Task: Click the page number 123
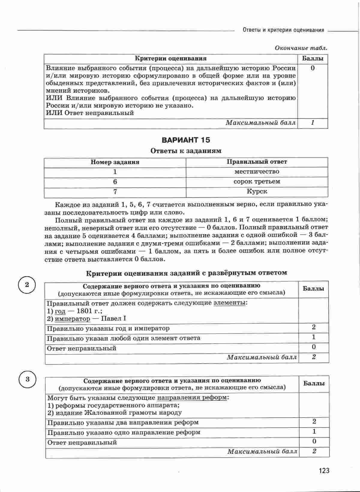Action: coord(324,470)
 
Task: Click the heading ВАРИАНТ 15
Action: coord(186,140)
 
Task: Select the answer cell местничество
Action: coord(256,172)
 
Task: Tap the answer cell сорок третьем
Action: coord(256,182)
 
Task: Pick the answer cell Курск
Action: coord(257,191)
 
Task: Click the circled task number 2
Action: coord(27,285)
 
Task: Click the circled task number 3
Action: coord(27,379)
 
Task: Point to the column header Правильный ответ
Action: coord(256,162)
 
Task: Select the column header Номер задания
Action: coord(115,162)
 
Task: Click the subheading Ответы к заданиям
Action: coord(186,151)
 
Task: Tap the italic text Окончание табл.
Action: coord(301,48)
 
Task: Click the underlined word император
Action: coord(73,318)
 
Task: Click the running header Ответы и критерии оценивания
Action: coord(283,30)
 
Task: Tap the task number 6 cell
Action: coord(115,182)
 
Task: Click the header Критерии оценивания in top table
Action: coord(170,58)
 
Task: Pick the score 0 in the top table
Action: coord(313,68)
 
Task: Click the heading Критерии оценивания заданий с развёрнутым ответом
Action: coord(186,273)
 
